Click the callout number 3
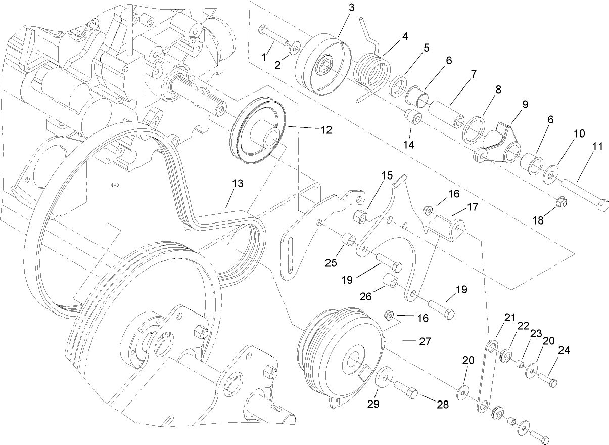(x=352, y=7)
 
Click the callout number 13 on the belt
(x=237, y=183)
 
